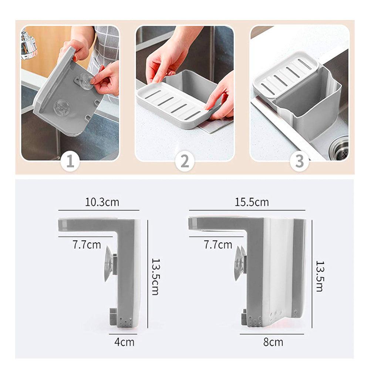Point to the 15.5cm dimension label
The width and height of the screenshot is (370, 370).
point(252,202)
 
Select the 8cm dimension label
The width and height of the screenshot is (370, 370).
point(273,342)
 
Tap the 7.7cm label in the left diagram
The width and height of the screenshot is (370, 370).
point(87,245)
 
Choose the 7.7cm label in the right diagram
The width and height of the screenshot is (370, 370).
point(218,245)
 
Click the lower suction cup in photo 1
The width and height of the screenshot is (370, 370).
point(61,107)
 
